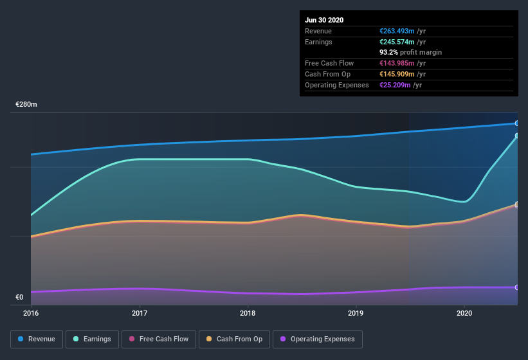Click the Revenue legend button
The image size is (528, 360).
pyautogui.click(x=37, y=339)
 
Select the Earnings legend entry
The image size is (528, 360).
pyautogui.click(x=92, y=339)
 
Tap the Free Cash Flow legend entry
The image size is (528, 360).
pyautogui.click(x=159, y=339)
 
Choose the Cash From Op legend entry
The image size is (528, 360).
pyautogui.click(x=234, y=339)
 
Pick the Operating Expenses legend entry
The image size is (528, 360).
pyautogui.click(x=317, y=339)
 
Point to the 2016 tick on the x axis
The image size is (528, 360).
pyautogui.click(x=31, y=314)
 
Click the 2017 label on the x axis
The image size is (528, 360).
pyautogui.click(x=140, y=314)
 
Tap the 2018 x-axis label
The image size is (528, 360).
pyautogui.click(x=248, y=314)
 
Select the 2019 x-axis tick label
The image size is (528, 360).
pyautogui.click(x=356, y=314)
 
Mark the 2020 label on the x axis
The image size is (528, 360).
pyautogui.click(x=464, y=314)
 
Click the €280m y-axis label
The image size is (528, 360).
pyautogui.click(x=26, y=104)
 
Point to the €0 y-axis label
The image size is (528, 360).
pyautogui.click(x=19, y=297)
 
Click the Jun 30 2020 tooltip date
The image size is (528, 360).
pyautogui.click(x=324, y=20)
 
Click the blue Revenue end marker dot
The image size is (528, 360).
pyautogui.click(x=517, y=123)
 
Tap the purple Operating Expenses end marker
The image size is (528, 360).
pyautogui.click(x=517, y=287)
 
